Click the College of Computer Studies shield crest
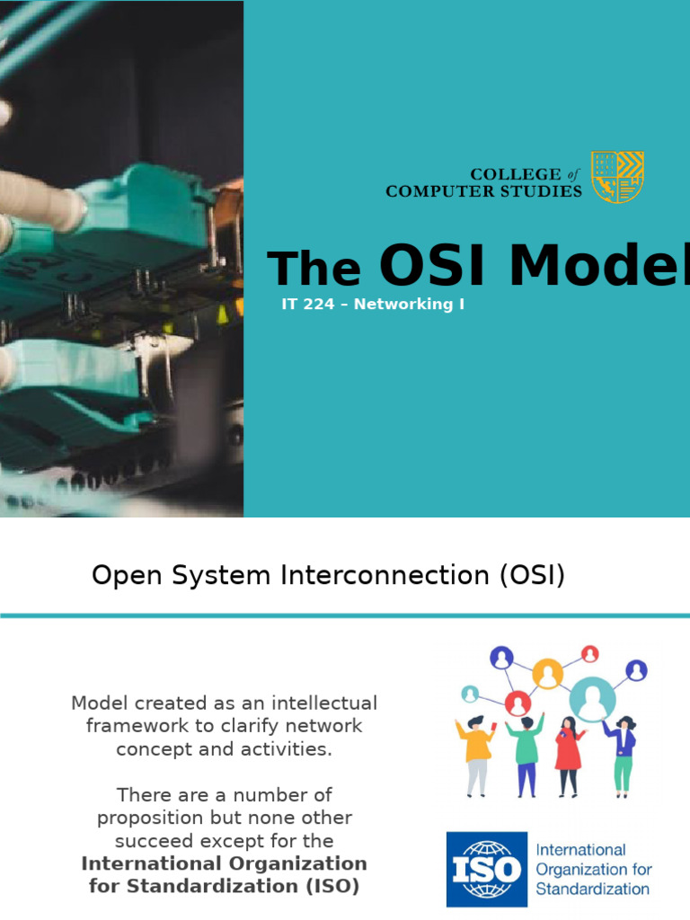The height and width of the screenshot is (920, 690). tap(617, 177)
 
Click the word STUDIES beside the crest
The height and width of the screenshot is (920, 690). tap(538, 190)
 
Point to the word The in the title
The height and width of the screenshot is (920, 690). tap(314, 269)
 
